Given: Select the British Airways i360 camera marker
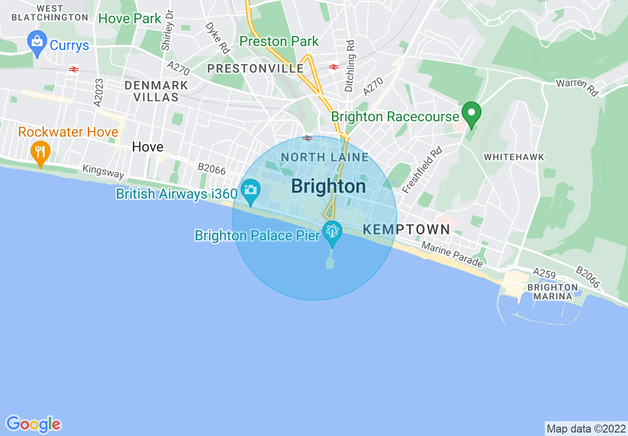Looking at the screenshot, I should click(251, 190).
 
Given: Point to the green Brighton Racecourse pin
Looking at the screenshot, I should click(471, 113).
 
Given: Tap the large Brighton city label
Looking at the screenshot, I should click(328, 186).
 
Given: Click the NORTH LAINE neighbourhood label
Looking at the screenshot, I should click(324, 158).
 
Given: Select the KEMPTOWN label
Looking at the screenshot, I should click(407, 229).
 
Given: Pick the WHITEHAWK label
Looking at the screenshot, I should click(514, 157).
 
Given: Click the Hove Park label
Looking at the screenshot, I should click(130, 19).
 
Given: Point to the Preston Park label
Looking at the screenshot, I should click(279, 41).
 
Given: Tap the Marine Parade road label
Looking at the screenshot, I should click(452, 254).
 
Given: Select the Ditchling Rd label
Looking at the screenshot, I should click(350, 66).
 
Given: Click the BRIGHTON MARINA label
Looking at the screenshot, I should click(553, 292).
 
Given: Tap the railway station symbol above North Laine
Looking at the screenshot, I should click(308, 138).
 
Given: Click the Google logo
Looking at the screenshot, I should click(33, 424).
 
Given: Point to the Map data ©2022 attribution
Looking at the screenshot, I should click(586, 429).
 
